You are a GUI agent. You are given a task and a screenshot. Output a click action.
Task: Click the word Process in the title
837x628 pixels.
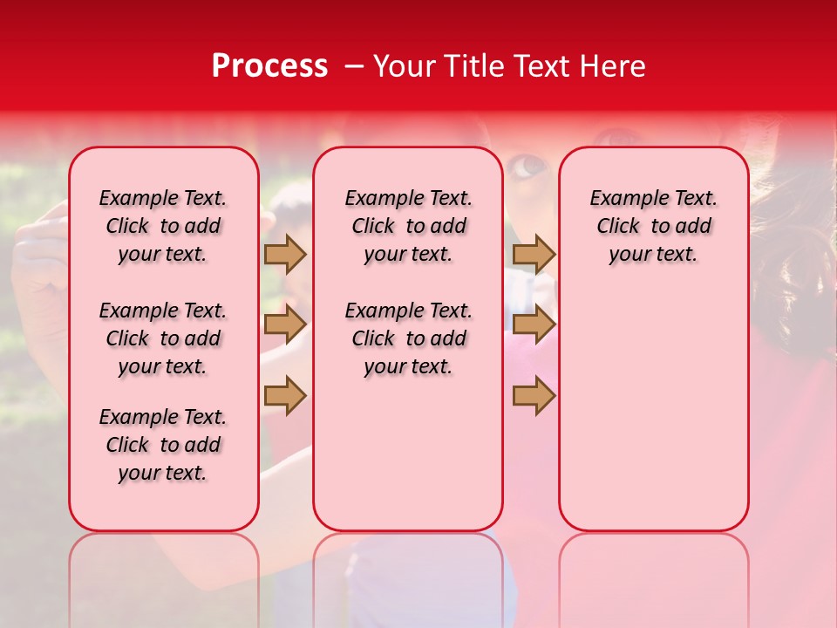click(269, 66)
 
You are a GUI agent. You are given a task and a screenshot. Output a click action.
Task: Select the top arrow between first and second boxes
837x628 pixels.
click(285, 254)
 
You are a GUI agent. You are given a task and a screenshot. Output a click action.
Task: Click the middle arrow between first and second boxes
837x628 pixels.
click(285, 324)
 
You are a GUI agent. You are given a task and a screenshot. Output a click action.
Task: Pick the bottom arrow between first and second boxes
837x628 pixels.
click(285, 396)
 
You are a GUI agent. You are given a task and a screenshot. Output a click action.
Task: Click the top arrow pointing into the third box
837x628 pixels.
click(534, 254)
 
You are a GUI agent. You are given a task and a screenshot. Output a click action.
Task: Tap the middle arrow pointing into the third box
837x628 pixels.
click(534, 324)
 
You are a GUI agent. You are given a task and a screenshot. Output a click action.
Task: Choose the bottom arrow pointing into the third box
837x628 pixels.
click(534, 396)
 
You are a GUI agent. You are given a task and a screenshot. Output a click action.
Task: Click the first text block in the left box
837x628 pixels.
click(163, 226)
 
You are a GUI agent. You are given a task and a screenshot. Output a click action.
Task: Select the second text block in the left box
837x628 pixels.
click(163, 338)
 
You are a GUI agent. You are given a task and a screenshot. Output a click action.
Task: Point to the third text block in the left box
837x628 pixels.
click(163, 445)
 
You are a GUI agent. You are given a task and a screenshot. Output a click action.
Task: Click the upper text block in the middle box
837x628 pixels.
click(408, 226)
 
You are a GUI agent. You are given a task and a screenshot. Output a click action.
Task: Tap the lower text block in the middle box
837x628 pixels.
click(408, 338)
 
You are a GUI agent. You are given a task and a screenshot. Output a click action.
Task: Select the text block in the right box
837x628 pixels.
click(653, 226)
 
